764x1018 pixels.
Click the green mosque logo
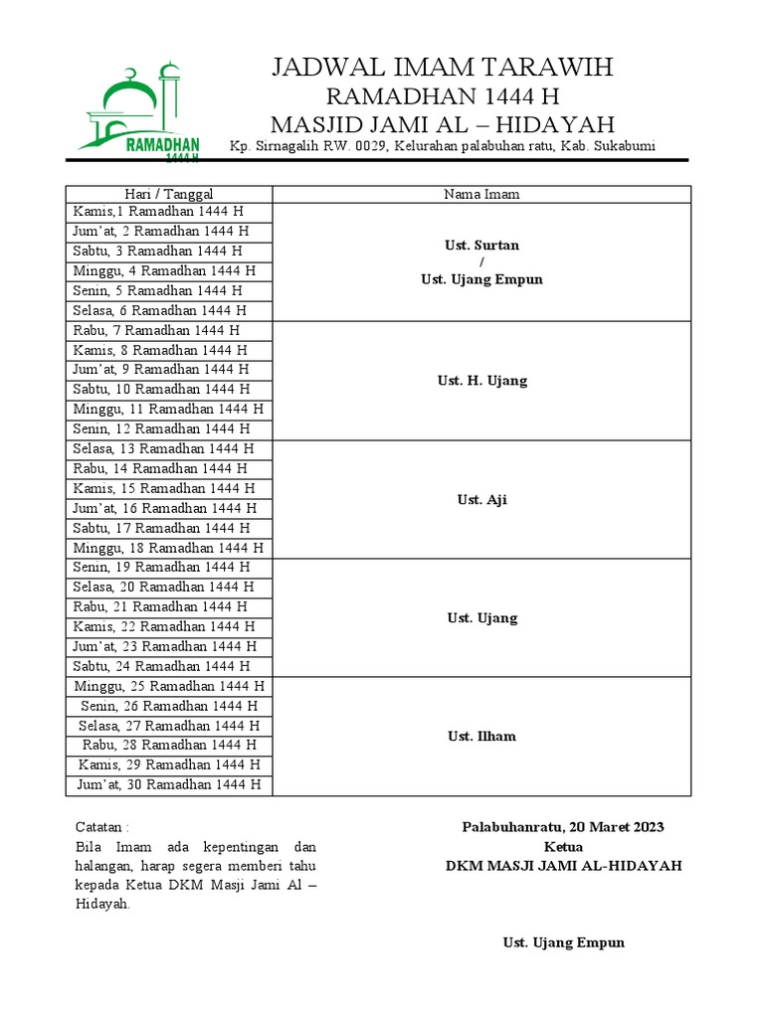140,110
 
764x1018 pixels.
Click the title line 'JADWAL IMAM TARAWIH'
443,68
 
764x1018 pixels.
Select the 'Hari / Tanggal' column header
169,194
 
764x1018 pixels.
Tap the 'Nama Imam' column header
481,194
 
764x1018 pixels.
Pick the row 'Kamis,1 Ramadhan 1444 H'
158,212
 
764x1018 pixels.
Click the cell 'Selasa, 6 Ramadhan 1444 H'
158,310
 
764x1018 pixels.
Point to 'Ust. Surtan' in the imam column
481,245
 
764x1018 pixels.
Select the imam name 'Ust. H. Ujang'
481,380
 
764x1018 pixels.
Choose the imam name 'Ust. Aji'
481,499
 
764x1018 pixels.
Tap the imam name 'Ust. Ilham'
481,736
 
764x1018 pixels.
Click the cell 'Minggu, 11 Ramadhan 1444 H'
168,409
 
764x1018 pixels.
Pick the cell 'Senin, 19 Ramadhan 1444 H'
161,567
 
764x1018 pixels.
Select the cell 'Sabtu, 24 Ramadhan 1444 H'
161,666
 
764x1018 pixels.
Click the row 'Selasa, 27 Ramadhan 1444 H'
168,726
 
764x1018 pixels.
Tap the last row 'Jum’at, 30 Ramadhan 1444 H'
168,784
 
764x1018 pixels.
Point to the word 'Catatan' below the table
100,827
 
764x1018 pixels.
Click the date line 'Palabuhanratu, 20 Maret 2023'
563,827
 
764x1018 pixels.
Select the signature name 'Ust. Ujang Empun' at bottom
564,942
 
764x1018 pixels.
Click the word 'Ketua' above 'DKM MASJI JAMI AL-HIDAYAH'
563,846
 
